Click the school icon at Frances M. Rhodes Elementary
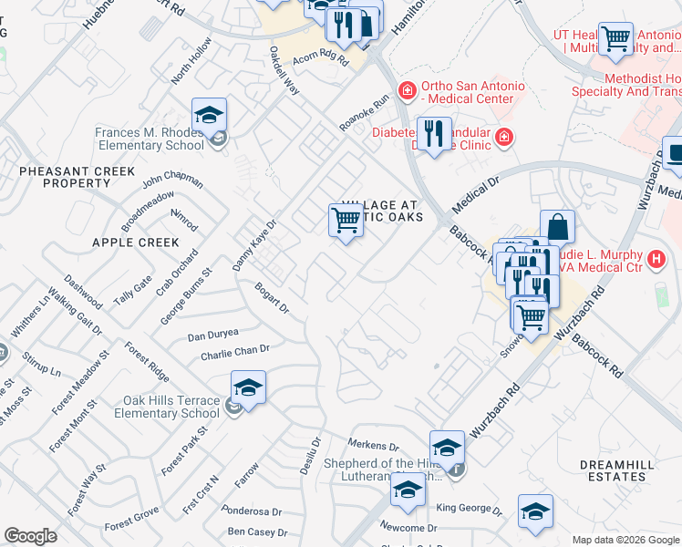[x=209, y=115]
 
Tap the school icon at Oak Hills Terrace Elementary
[x=248, y=387]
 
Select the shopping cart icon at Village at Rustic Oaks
[x=346, y=220]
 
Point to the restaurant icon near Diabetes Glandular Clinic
[x=434, y=133]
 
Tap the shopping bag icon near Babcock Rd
[x=557, y=226]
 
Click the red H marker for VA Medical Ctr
[x=655, y=260]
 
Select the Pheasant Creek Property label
[x=77, y=177]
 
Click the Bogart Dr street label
[x=272, y=297]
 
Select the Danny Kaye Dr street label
[x=253, y=244]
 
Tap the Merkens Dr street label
[x=374, y=447]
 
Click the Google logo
[x=30, y=536]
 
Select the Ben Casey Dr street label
[x=257, y=532]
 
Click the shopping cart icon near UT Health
[x=615, y=38]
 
